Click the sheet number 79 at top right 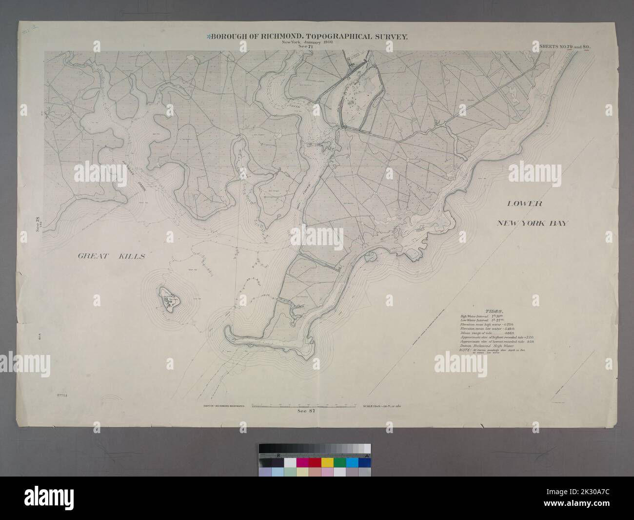(568, 46)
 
